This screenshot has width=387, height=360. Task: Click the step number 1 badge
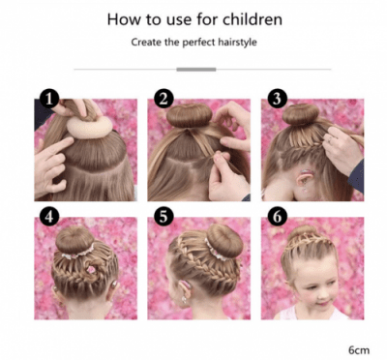48,98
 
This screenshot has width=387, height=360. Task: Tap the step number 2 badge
164,98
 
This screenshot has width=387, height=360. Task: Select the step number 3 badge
277,98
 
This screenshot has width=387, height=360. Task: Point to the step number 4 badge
48,215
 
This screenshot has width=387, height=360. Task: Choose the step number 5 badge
164,215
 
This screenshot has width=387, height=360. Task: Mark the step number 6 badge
277,215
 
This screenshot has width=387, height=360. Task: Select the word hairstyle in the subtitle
233,43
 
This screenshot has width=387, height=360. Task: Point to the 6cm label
361,345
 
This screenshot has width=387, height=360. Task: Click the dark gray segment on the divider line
197,69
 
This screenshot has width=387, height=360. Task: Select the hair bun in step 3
303,119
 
